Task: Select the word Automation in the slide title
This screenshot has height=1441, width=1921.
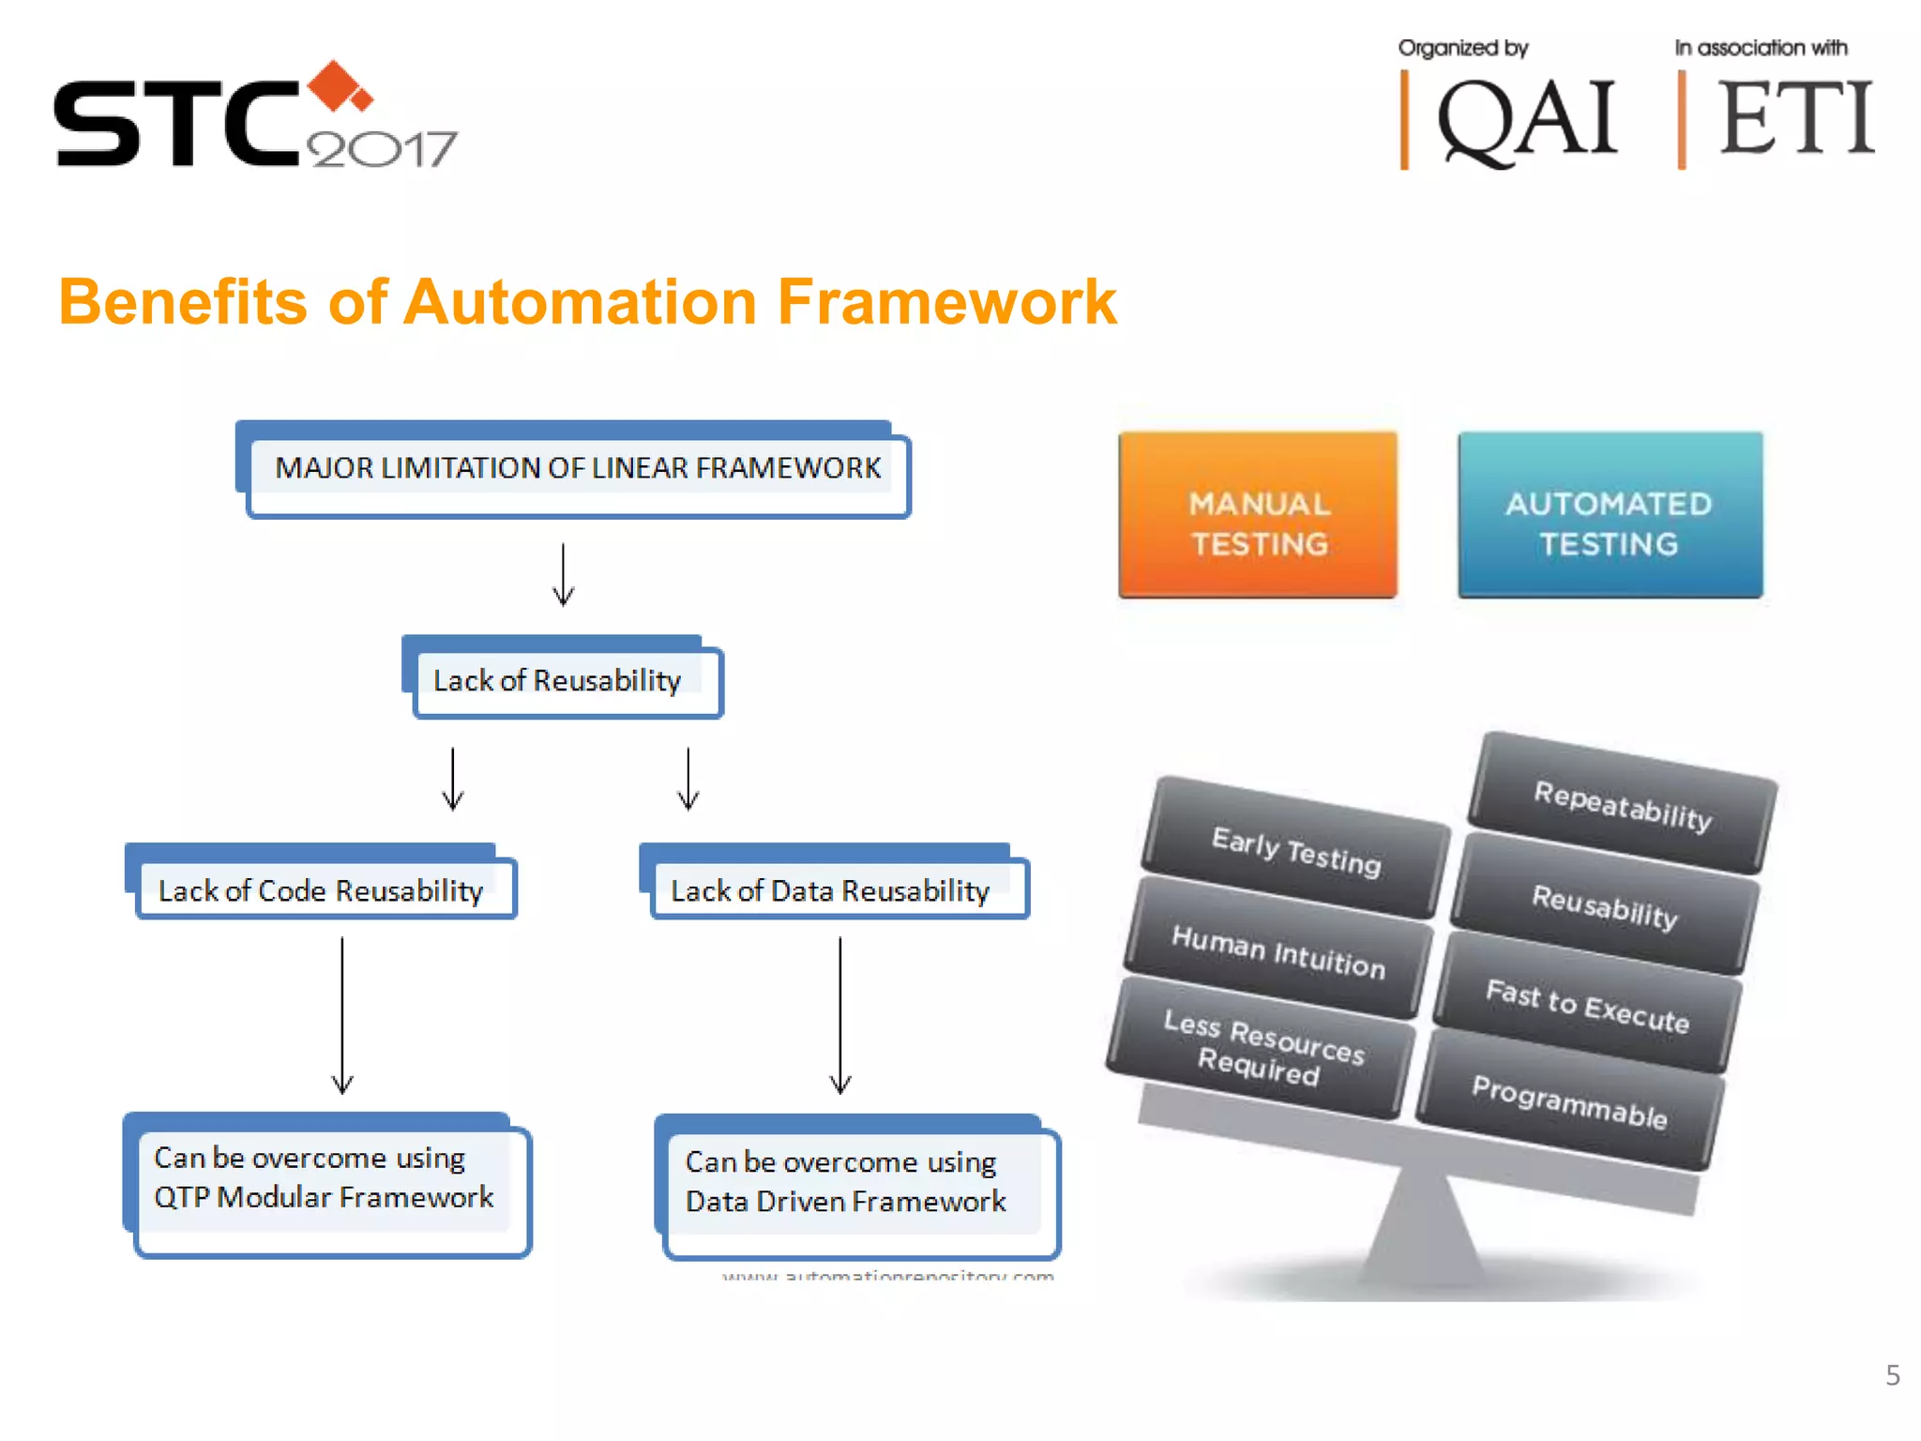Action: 580,303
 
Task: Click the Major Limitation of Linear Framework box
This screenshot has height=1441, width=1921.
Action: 577,468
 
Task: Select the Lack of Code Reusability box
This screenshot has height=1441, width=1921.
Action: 321,889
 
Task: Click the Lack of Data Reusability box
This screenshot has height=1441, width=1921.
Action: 831,889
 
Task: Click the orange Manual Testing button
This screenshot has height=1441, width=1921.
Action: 1258,515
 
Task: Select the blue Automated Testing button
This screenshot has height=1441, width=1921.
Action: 1610,515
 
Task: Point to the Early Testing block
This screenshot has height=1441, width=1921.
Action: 1295,850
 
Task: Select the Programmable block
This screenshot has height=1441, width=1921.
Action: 1569,1102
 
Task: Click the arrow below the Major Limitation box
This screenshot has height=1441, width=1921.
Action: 563,574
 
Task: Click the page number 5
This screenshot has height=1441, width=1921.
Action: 1892,1375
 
